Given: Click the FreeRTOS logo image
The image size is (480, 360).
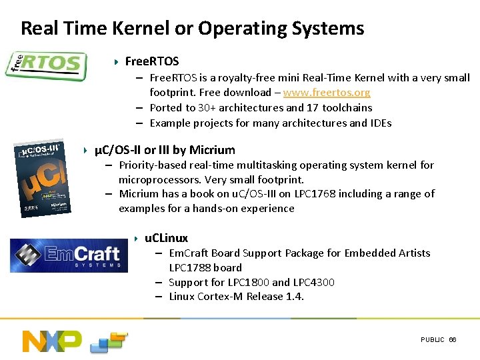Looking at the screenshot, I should point(45,65).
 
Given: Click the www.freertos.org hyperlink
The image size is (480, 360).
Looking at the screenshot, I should point(327,93).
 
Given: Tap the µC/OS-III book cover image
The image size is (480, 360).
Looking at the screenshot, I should point(41,179).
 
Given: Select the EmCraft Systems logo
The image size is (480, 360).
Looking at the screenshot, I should point(69,255).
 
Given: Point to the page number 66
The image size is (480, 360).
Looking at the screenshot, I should point(453,340).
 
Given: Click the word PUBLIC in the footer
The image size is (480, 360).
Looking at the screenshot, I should point(432,340).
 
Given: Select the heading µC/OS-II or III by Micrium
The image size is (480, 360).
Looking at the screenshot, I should point(165,150).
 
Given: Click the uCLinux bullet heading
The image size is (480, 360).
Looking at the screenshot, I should point(167,238).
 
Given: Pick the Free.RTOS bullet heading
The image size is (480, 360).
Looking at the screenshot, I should point(152,62).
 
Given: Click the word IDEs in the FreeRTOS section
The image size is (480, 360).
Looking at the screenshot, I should point(381,123).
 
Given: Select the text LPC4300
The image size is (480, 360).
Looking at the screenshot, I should point(313,282).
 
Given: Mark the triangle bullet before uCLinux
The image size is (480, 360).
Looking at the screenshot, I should point(135,238).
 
